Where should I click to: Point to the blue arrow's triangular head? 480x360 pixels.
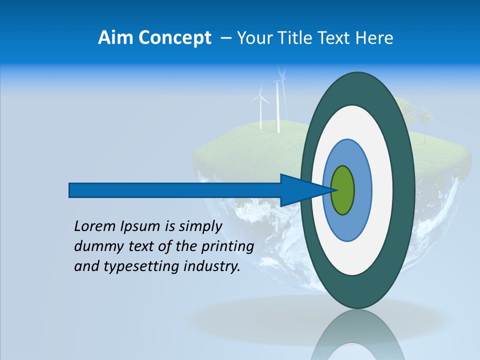click(x=300, y=190)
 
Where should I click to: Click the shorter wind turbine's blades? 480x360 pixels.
click(x=260, y=97)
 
